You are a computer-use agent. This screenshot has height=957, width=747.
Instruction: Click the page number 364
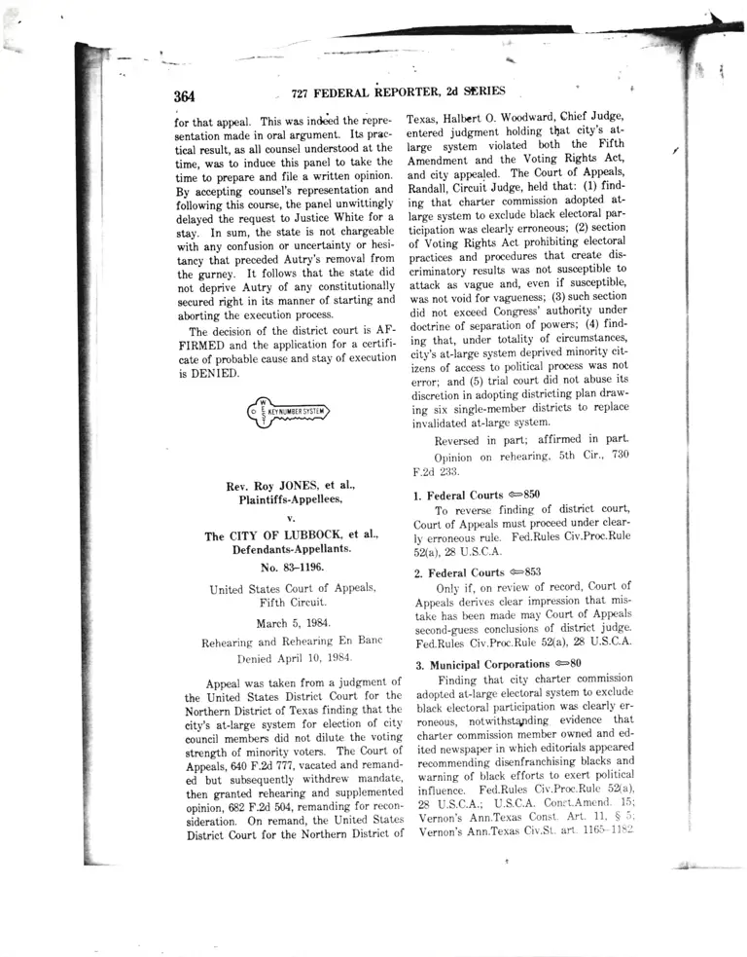point(185,96)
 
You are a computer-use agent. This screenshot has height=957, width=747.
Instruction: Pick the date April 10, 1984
point(320,659)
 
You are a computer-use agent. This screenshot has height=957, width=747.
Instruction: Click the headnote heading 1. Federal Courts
point(458,495)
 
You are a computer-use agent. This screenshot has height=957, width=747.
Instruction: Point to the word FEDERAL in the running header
point(351,92)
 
